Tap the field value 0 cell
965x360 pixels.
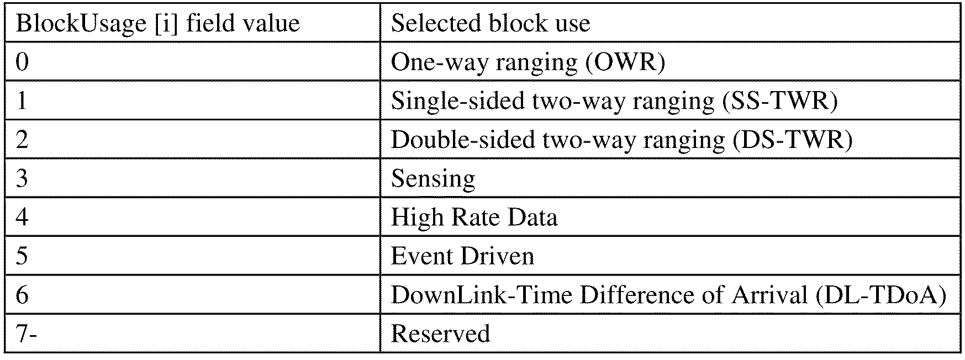pos(22,62)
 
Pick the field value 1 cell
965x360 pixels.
pos(22,101)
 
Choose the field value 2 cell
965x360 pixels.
pos(22,140)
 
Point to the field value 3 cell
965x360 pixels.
pos(22,178)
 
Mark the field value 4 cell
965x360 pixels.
pos(22,217)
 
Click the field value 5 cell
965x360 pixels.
pos(22,256)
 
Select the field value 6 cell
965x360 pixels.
pos(22,295)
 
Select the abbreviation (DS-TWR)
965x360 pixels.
pos(792,140)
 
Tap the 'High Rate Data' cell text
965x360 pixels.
pos(474,217)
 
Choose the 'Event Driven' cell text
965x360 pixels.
pos(462,256)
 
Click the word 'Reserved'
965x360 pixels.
pos(440,333)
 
